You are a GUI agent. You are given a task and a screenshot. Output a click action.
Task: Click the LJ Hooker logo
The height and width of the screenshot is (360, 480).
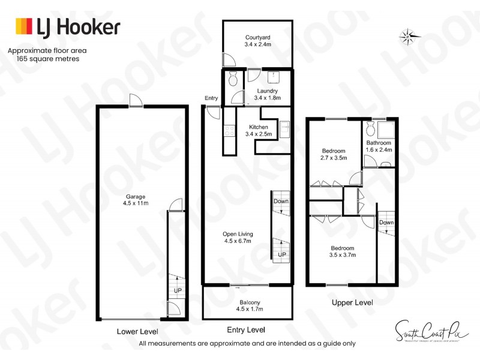coord(67,27)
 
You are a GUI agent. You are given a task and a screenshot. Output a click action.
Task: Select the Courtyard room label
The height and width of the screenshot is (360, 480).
coord(258,40)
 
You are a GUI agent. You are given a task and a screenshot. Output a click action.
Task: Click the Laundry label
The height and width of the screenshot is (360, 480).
coord(266,94)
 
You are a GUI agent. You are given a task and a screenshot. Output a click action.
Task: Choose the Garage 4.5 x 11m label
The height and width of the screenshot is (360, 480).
coord(135,200)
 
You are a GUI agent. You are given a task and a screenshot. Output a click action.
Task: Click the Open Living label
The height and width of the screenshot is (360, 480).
coord(237,238)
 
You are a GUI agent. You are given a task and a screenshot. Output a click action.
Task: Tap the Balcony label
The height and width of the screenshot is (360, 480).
coord(250,305)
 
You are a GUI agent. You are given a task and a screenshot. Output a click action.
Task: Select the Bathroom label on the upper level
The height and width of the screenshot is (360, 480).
coord(379,146)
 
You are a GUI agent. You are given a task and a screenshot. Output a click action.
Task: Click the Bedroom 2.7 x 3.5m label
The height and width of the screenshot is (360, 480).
coord(333,154)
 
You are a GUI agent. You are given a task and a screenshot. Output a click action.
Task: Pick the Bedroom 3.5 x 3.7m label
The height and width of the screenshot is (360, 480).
coord(342,251)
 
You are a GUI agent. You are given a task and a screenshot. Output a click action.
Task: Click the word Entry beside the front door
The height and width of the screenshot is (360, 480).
coord(211,98)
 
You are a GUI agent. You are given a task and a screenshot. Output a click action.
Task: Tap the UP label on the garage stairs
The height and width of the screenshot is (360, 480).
coord(178,290)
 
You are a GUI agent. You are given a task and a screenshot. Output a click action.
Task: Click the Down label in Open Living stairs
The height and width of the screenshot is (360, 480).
coord(281,202)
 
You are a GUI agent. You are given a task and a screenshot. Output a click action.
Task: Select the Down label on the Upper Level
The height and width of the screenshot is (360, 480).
coord(386,223)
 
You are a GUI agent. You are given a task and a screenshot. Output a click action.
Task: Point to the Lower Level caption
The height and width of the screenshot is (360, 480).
coord(137,331)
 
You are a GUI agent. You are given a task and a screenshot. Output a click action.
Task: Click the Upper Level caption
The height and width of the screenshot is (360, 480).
coord(352,302)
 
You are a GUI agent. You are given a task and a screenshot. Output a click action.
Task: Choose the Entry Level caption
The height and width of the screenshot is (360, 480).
coord(247,330)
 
